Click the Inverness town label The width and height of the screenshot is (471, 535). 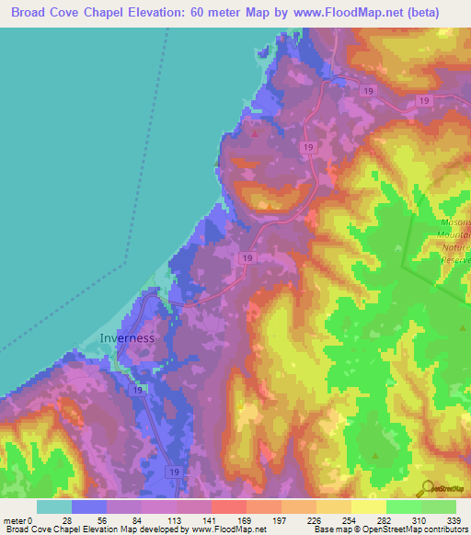pyautogui.click(x=127, y=337)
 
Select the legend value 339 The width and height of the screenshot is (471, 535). pyautogui.click(x=454, y=520)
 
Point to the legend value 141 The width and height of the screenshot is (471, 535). pyautogui.click(x=192, y=520)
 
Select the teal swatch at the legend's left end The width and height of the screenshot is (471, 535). pyautogui.click(x=53, y=507)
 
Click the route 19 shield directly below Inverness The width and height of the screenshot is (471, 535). pyautogui.click(x=137, y=391)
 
